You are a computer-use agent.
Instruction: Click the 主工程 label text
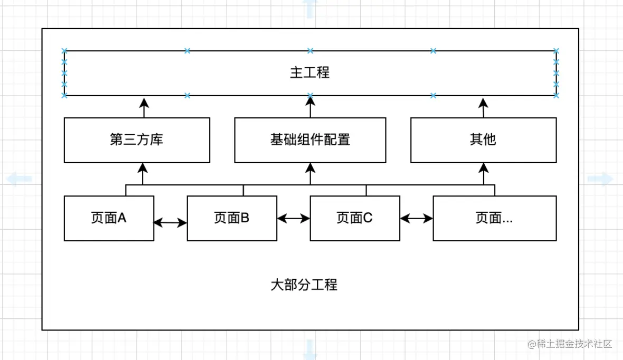[310, 73]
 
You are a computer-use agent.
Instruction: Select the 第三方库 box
[137, 140]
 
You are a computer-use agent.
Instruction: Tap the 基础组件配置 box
[310, 140]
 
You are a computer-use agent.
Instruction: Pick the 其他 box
[483, 140]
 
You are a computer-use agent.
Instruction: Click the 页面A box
[109, 218]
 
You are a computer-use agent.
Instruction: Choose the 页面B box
[232, 218]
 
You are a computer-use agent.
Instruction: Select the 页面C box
[354, 218]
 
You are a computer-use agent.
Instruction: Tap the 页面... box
[494, 218]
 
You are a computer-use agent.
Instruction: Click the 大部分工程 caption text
[304, 286]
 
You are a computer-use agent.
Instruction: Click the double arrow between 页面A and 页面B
[170, 223]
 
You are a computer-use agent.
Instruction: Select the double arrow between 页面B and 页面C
[294, 217]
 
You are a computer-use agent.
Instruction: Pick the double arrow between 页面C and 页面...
[416, 217]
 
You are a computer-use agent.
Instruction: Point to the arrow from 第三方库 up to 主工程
[143, 107]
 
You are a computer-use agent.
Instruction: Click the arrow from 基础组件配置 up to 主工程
[310, 107]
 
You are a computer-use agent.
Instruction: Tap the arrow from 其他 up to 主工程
[483, 107]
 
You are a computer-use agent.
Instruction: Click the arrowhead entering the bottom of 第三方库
[143, 168]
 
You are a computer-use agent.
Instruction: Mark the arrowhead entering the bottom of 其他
[484, 168]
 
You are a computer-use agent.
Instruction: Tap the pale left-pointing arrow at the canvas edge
[19, 179]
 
